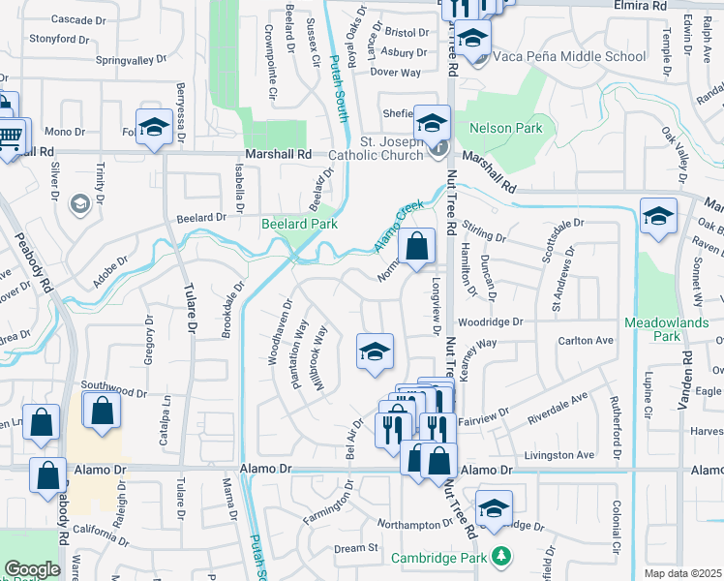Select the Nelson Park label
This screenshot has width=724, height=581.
(x=505, y=128)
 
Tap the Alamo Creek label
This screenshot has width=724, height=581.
(x=399, y=227)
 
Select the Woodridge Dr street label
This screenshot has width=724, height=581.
(x=490, y=321)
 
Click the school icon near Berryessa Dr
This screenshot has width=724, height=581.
(x=154, y=127)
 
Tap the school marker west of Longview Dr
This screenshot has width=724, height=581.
(x=375, y=352)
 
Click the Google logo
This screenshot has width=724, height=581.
(x=33, y=569)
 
